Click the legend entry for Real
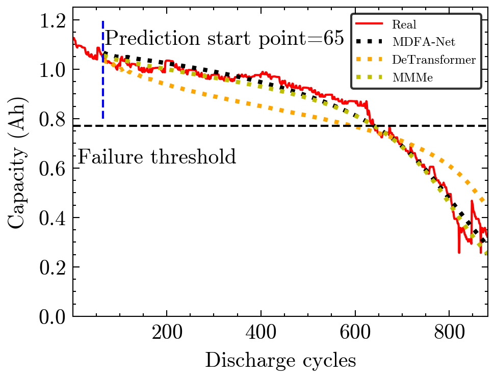tap(404, 24)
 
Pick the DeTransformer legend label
tap(434, 60)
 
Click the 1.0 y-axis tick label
tap(54, 70)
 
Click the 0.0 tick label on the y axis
tap(54, 317)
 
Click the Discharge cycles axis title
tap(280, 361)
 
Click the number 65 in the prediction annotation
tap(334, 38)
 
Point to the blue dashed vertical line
tap(103, 76)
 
